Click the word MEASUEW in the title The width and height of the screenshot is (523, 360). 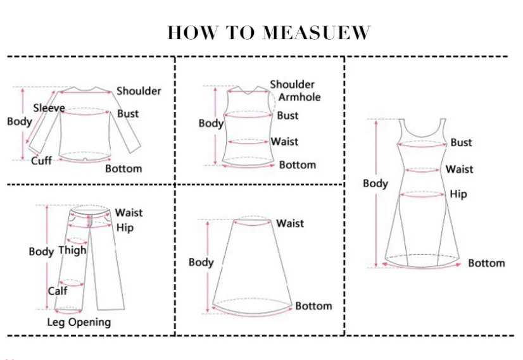[x=316, y=33]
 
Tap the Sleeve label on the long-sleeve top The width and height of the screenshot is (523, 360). [x=49, y=108]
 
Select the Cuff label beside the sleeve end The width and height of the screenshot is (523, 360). [x=41, y=161]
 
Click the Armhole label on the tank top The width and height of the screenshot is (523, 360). [x=299, y=97]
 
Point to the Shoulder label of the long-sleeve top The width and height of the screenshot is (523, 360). [x=139, y=91]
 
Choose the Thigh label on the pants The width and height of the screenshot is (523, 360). [x=72, y=250]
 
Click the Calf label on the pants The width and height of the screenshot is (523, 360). [x=58, y=291]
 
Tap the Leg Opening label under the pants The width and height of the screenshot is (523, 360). [x=79, y=322]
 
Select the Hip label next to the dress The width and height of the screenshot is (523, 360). [x=458, y=194]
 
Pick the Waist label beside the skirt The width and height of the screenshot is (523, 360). [x=290, y=223]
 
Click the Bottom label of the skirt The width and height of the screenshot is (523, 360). [x=313, y=306]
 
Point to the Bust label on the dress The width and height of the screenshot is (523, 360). [x=461, y=143]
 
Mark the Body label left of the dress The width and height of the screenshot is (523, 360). [x=375, y=183]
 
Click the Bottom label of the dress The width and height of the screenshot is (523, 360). [x=486, y=263]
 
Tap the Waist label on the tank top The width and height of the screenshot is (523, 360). [x=284, y=142]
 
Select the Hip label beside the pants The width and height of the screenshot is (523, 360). [x=125, y=228]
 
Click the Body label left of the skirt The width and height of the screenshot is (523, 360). [x=201, y=262]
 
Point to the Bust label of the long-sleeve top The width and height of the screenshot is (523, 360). [x=128, y=114]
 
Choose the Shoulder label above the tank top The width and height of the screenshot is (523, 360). [x=292, y=84]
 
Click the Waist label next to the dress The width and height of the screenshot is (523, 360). [x=459, y=169]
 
